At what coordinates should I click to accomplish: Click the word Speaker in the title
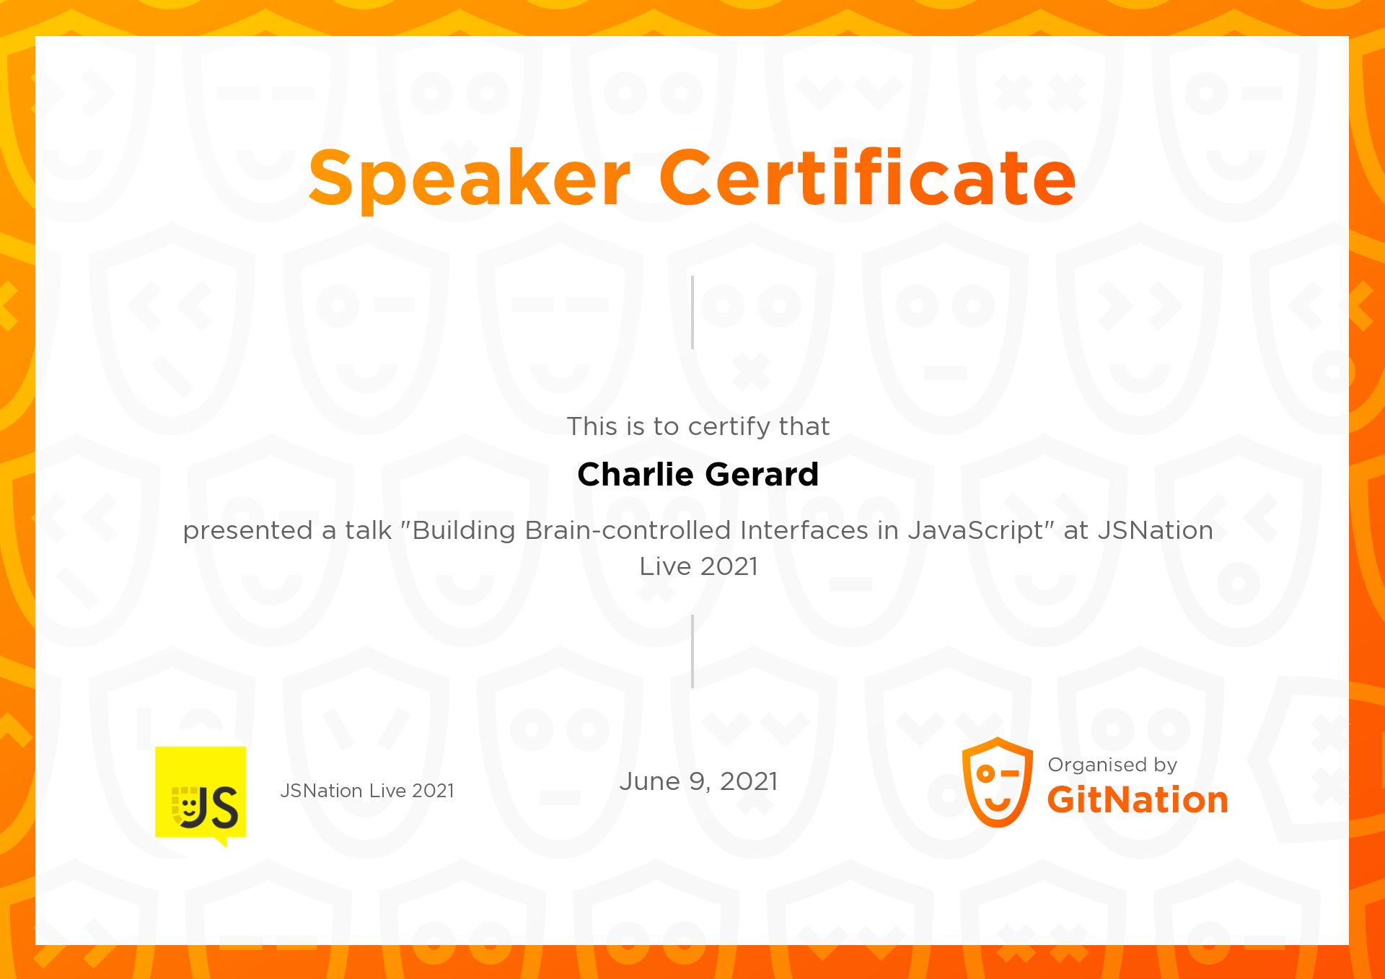pyautogui.click(x=469, y=178)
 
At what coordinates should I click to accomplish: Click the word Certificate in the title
pyautogui.click(x=867, y=178)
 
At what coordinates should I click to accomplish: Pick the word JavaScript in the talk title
pyautogui.click(x=975, y=531)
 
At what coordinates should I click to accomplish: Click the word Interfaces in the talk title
pyautogui.click(x=804, y=531)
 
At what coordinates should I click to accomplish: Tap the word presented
pyautogui.click(x=247, y=531)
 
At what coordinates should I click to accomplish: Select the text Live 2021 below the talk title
pyautogui.click(x=698, y=567)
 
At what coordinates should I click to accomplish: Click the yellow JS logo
pyautogui.click(x=201, y=794)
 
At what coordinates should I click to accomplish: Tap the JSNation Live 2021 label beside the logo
pyautogui.click(x=367, y=791)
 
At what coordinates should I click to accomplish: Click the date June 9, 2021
pyautogui.click(x=698, y=782)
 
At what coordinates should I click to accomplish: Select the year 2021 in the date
pyautogui.click(x=749, y=782)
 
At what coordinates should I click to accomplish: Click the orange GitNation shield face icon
pyautogui.click(x=998, y=783)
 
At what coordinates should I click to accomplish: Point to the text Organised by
pyautogui.click(x=1112, y=765)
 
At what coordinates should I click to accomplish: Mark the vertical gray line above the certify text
pyautogui.click(x=692, y=312)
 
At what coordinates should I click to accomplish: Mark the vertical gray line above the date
pyautogui.click(x=692, y=651)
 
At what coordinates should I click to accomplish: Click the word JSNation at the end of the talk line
pyautogui.click(x=1155, y=531)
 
